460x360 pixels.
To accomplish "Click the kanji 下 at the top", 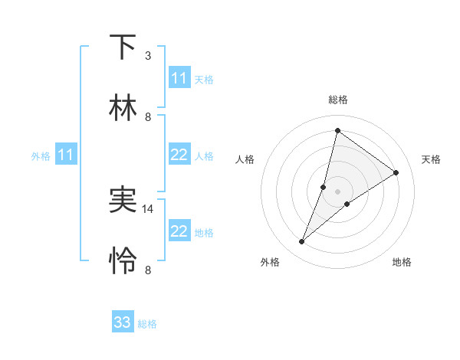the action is pos(123,47).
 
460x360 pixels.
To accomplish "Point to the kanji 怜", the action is pos(123,261).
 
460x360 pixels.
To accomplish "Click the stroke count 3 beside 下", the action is pos(148,56).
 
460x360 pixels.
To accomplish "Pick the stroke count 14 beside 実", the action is pos(149,208).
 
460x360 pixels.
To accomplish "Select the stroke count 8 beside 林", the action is pos(148,117).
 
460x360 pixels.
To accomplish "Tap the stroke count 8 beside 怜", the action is pos(148,270).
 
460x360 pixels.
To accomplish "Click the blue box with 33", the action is pos(123,322).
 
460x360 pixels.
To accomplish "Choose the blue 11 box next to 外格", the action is pos(66,155).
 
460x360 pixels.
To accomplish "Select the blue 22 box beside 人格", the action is pos(179,155).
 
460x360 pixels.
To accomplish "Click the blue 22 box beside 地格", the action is pos(179,231).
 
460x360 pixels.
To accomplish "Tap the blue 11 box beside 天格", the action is pos(179,78).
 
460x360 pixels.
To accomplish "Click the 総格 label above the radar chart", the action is pos(337,100).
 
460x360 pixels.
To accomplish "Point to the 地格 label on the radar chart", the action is pos(402,262).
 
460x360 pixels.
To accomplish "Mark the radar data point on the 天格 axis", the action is pos(396,172).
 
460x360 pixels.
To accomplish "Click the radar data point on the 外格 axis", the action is pos(302,242).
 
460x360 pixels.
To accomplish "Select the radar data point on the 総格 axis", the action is pos(337,129).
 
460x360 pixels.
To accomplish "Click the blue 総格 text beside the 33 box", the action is pos(147,324).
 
